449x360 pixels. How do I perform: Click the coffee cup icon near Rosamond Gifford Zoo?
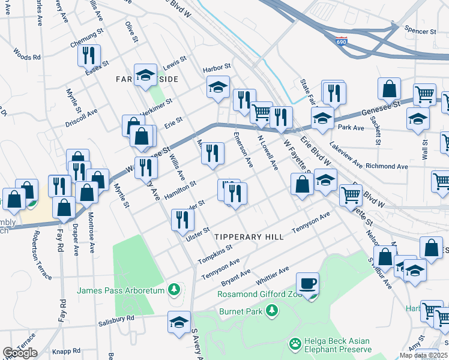(308, 283)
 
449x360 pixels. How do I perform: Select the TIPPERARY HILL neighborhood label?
(249, 237)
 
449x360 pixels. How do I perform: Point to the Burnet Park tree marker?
(272, 310)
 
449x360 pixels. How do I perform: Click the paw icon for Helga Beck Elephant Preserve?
(295, 344)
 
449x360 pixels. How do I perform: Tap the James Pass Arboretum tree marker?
(174, 290)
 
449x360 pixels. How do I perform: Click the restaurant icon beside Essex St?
(89, 55)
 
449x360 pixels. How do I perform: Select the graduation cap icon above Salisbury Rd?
(179, 322)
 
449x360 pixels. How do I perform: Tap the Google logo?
(20, 352)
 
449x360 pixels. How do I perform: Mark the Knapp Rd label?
(65, 350)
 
